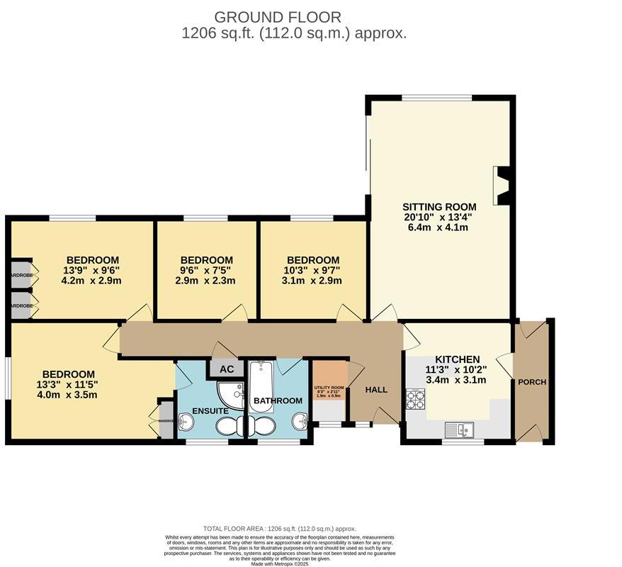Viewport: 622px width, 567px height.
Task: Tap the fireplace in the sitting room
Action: point(502,186)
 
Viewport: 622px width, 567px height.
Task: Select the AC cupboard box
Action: point(226,369)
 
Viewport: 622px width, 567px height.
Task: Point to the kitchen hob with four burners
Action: point(414,400)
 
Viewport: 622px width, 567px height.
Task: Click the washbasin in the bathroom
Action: point(301,422)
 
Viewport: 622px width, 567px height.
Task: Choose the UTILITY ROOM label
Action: point(329,388)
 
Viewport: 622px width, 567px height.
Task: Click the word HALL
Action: point(376,390)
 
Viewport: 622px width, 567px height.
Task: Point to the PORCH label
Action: point(532,382)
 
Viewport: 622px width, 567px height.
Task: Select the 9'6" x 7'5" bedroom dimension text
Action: point(206,270)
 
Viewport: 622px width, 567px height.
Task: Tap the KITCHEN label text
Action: point(457,359)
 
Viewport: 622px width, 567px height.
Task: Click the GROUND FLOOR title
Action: point(278,17)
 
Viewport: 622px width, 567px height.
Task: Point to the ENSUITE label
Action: point(210,410)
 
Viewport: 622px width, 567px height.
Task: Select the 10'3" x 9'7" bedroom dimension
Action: point(312,270)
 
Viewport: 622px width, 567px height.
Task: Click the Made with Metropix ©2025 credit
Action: point(280,563)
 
